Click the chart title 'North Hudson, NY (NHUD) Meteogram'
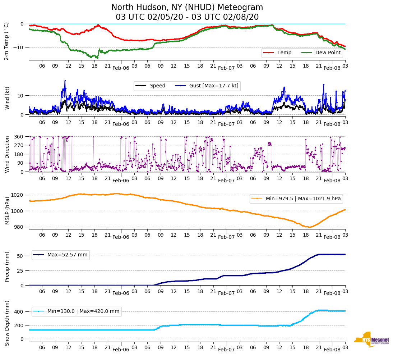[187, 8]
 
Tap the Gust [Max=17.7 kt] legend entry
[213, 86]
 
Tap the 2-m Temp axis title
[6, 41]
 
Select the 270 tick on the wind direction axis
[19, 145]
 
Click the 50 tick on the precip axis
[20, 256]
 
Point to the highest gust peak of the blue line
[65, 81]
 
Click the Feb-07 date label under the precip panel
[226, 293]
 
